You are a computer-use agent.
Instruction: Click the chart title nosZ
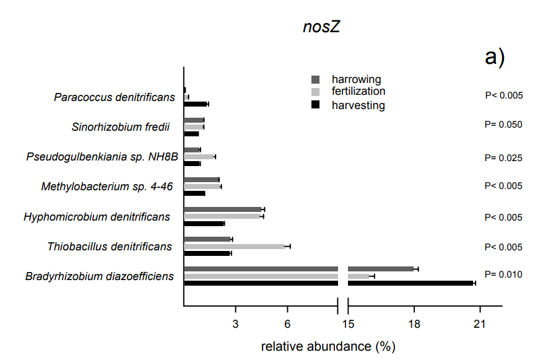pos(321,27)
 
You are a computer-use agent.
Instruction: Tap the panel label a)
pos(495,57)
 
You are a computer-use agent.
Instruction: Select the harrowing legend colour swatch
pos(315,79)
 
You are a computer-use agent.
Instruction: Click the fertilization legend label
pos(358,92)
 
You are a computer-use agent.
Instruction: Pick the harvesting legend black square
pos(315,105)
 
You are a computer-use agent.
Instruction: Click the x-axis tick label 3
pos(236,323)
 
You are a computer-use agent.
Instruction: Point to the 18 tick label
pos(414,323)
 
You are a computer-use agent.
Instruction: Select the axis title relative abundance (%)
pos(328,346)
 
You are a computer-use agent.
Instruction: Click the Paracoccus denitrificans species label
pos(114,97)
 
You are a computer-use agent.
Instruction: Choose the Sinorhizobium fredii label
pos(120,128)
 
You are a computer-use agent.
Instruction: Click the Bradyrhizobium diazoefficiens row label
pos(100,276)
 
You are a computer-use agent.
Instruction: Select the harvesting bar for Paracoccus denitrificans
pos(195,103)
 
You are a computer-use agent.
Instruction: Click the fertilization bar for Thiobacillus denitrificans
pos(234,246)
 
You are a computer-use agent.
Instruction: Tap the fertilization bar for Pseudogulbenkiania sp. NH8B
pos(199,157)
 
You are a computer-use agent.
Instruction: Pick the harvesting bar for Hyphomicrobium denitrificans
pos(204,223)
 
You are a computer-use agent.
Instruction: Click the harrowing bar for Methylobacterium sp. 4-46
pos(201,180)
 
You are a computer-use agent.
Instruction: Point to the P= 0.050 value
pos(503,125)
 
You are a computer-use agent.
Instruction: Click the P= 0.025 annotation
pos(503,158)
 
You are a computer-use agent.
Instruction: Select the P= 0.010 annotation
pos(503,274)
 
